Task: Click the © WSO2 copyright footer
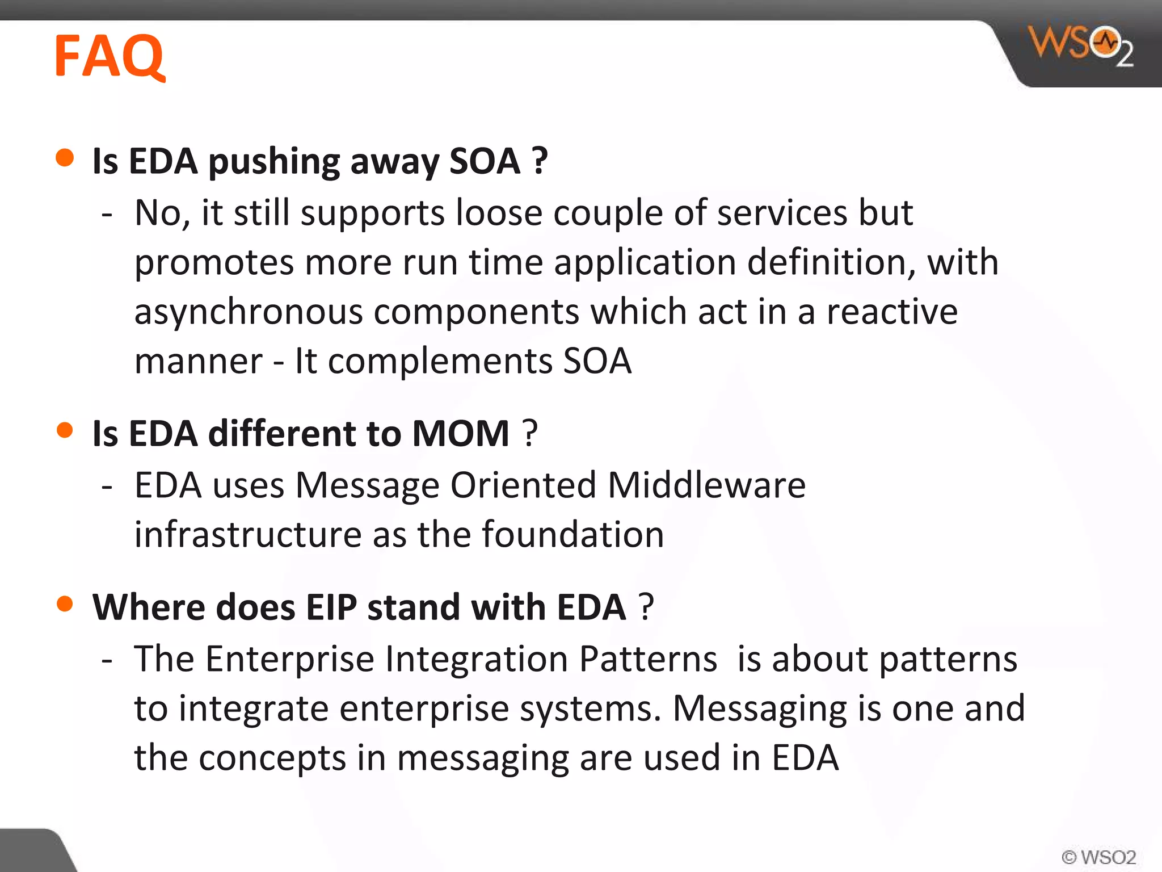(x=1098, y=857)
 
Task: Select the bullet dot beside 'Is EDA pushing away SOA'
(x=65, y=158)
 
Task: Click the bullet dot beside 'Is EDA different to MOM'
(x=65, y=430)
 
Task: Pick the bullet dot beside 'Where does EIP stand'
(x=65, y=604)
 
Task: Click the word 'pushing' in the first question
(x=274, y=162)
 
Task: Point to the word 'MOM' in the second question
(x=461, y=434)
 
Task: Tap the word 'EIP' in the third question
(x=331, y=607)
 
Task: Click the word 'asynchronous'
(x=248, y=312)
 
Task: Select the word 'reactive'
(x=892, y=312)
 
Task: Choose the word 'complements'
(x=440, y=362)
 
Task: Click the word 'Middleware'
(x=706, y=485)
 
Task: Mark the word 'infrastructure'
(x=248, y=535)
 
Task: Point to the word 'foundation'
(x=573, y=535)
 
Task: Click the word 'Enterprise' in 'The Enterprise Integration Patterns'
(x=289, y=659)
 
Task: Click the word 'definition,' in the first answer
(x=831, y=263)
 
